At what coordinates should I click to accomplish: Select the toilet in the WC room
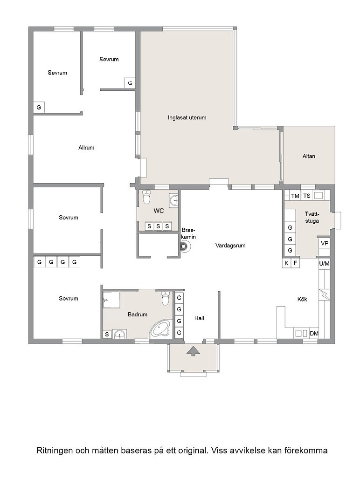(x=147, y=197)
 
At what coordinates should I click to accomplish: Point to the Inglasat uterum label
(x=187, y=117)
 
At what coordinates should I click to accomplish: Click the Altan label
(x=309, y=156)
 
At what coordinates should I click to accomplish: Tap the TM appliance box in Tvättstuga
(x=295, y=196)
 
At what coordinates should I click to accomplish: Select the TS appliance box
(x=307, y=196)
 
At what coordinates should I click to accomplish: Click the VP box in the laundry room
(x=324, y=244)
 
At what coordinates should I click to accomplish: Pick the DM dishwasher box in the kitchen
(x=314, y=334)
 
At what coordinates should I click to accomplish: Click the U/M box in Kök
(x=324, y=263)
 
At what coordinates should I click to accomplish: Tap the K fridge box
(x=286, y=263)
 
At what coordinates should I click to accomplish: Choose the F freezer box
(x=295, y=263)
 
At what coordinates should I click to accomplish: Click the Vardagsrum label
(x=230, y=245)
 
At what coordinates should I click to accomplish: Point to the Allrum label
(x=86, y=148)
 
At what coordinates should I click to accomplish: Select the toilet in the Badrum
(x=166, y=298)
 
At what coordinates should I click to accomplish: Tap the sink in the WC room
(x=173, y=200)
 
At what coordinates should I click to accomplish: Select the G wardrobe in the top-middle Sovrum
(x=130, y=83)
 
